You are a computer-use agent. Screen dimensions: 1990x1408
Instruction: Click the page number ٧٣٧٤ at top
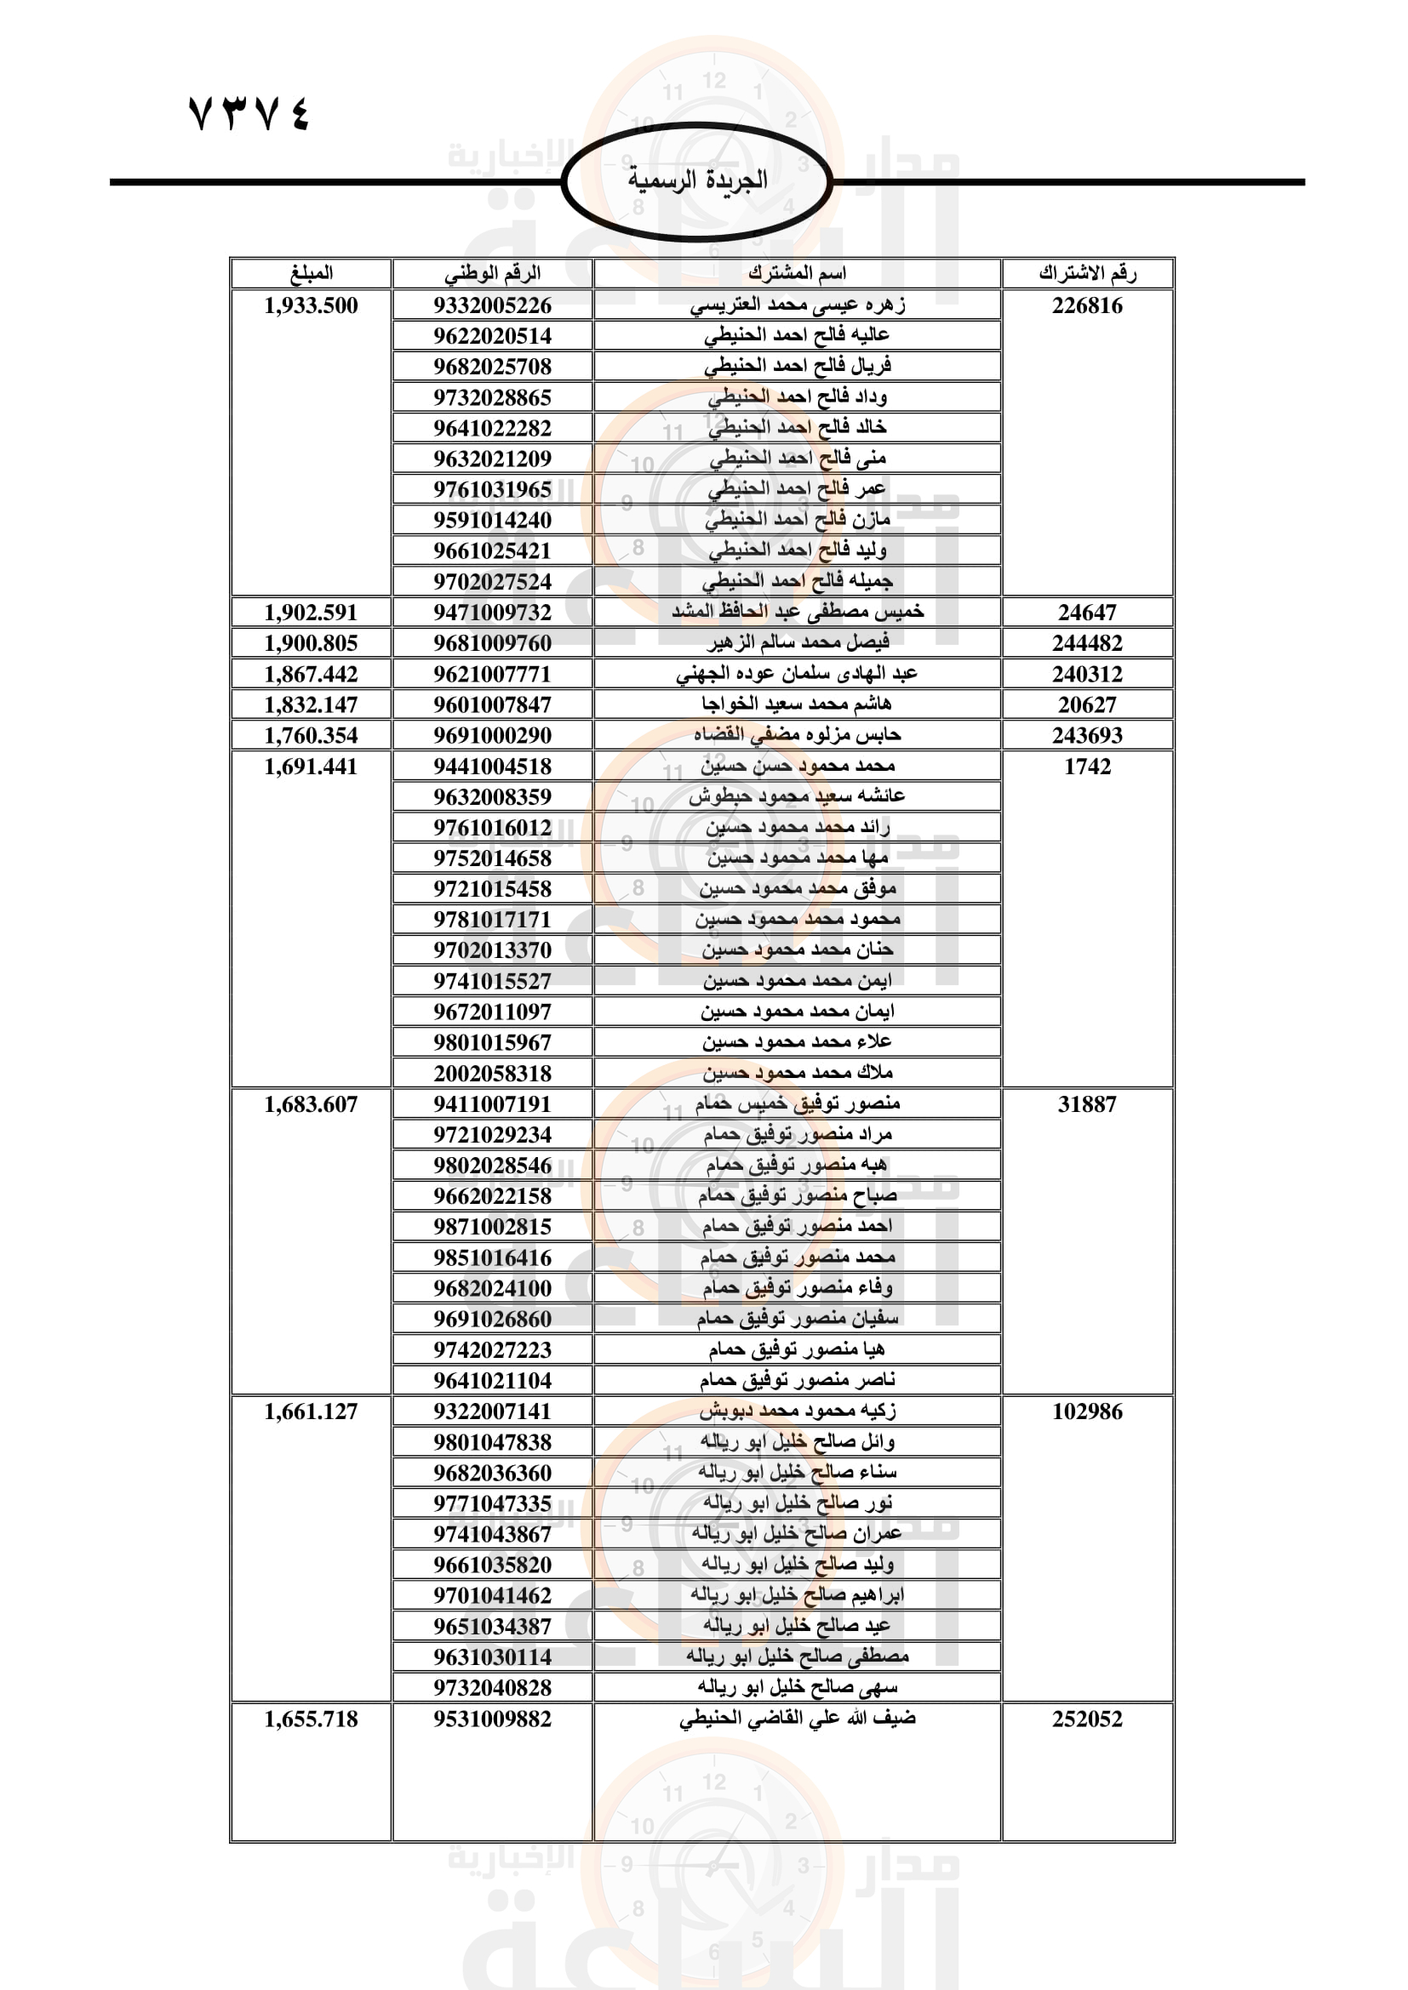(249, 113)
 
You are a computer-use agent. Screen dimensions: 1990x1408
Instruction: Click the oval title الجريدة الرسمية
(697, 180)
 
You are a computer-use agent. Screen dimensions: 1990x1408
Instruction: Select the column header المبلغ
(312, 274)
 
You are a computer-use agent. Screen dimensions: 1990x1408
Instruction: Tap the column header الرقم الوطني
(492, 274)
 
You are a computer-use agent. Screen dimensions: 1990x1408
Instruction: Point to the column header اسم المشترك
(797, 274)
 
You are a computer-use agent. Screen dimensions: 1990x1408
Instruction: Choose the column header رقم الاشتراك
(1087, 274)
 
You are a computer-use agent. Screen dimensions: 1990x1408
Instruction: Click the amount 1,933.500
(312, 306)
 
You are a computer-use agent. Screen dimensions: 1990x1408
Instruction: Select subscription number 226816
(1087, 306)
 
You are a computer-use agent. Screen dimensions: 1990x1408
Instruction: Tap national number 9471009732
(492, 613)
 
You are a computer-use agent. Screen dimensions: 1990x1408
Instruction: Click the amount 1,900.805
(312, 643)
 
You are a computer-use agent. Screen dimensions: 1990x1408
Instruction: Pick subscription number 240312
(1087, 675)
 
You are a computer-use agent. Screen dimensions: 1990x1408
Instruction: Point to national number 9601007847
(492, 704)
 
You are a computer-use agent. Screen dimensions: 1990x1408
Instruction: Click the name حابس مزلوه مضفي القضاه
(797, 735)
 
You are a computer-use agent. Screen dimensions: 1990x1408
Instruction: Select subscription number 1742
(1087, 767)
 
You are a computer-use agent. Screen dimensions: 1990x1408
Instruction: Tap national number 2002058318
(492, 1074)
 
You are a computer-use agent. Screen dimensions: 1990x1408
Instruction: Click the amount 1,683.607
(312, 1104)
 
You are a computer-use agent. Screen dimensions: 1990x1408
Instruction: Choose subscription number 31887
(1087, 1104)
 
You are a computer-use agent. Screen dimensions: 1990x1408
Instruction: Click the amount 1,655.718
(312, 1719)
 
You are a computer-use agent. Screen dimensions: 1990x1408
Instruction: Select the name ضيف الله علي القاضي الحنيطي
(797, 1718)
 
